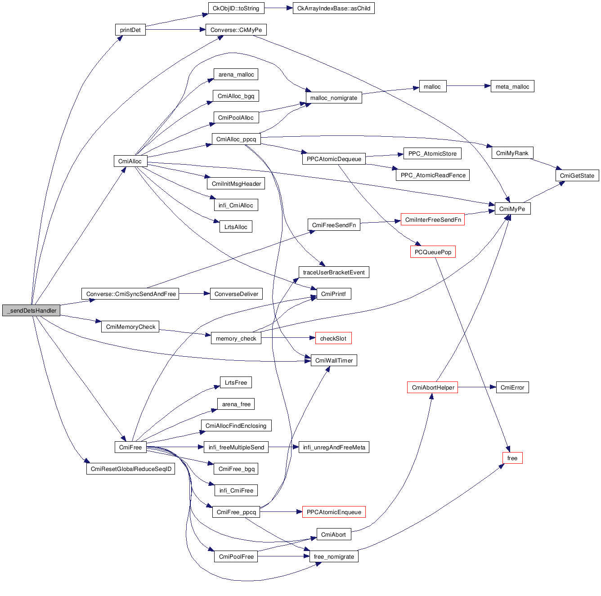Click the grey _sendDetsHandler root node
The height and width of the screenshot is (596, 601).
click(31, 310)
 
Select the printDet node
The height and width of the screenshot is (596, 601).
click(130, 30)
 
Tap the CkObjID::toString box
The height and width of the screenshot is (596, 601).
click(236, 8)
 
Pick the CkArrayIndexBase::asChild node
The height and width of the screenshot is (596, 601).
click(333, 8)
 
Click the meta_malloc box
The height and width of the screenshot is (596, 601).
click(512, 86)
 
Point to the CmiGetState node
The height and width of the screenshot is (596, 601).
click(577, 175)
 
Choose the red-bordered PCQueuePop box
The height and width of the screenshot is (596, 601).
click(433, 252)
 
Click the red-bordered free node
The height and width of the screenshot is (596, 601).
click(512, 458)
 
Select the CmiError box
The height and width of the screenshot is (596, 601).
click(512, 387)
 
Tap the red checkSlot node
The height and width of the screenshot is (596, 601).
click(333, 338)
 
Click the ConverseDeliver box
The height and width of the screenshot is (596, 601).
click(236, 294)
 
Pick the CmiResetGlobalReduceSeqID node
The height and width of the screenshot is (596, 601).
click(130, 469)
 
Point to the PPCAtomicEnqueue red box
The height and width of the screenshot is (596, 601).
click(334, 512)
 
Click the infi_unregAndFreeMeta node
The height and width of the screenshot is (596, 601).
click(334, 447)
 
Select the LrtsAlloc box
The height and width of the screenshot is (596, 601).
click(236, 227)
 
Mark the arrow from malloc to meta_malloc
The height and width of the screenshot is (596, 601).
click(468, 86)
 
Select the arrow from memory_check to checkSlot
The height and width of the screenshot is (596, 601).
click(288, 338)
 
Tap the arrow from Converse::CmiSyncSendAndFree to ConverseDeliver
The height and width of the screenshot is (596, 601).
click(194, 294)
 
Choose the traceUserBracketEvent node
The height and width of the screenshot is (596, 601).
click(334, 272)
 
